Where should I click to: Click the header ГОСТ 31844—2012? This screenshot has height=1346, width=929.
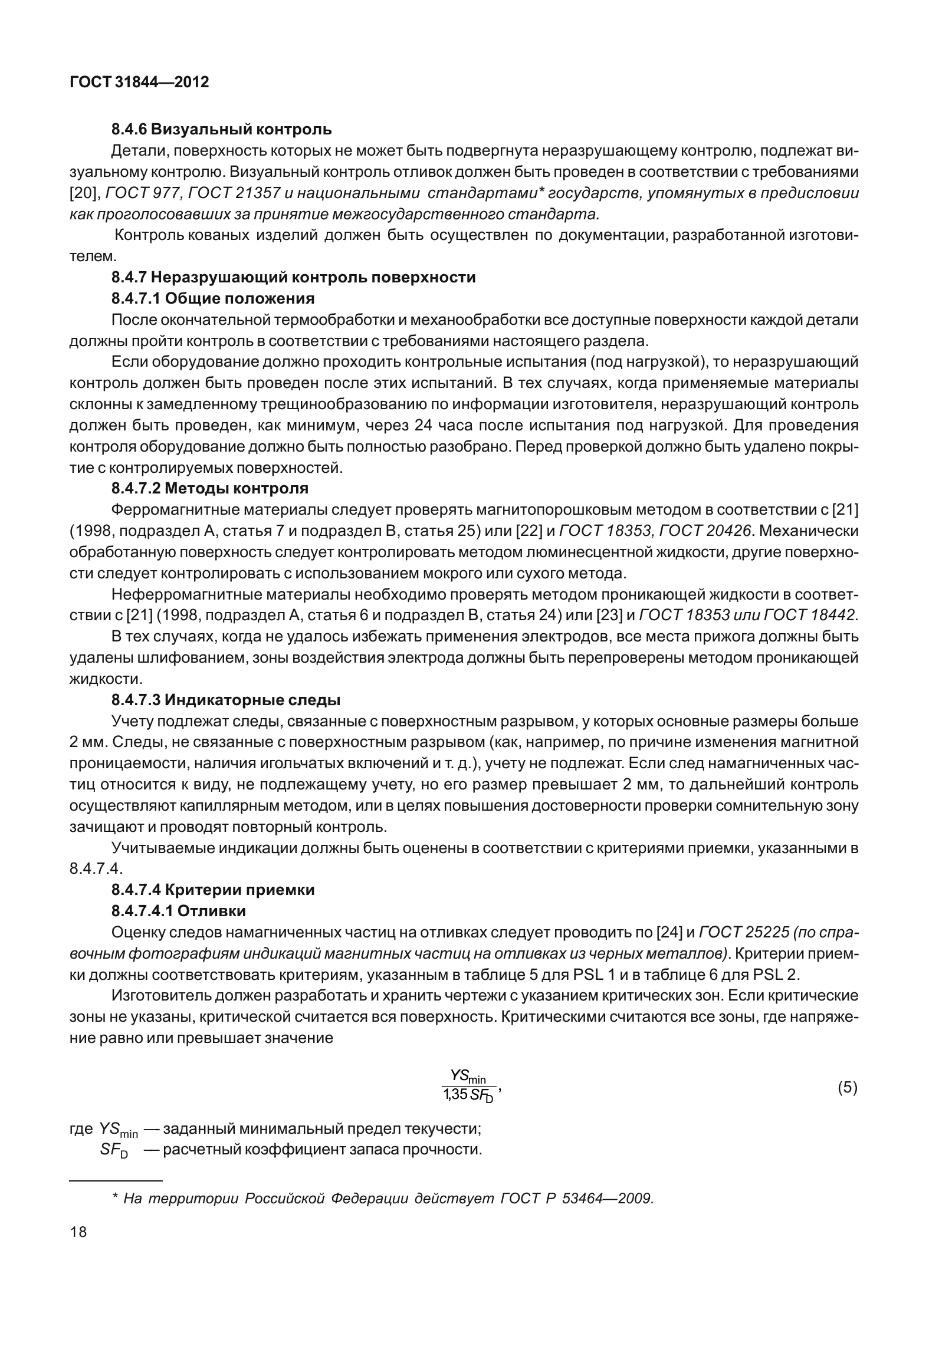(139, 83)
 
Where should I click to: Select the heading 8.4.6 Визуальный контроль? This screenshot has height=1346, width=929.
(221, 129)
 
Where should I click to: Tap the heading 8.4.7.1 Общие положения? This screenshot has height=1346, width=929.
(213, 298)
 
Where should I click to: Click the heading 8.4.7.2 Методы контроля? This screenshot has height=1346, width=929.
(210, 488)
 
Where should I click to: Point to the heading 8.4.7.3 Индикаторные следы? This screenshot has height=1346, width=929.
(226, 700)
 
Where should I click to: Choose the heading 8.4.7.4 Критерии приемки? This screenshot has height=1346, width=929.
(213, 890)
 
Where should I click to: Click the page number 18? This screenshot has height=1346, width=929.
(78, 1232)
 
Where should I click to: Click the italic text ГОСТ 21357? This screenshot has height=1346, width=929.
(228, 193)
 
